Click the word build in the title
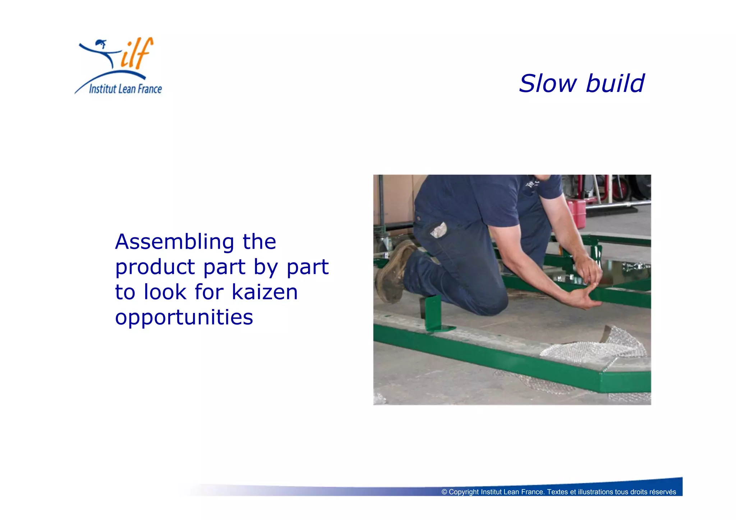[615, 84]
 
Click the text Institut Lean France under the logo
[125, 89]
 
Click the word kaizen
[264, 292]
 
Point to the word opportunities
[184, 318]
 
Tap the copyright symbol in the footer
[444, 492]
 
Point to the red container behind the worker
[576, 213]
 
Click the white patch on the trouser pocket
[438, 230]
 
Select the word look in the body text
[165, 292]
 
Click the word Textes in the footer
[557, 492]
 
